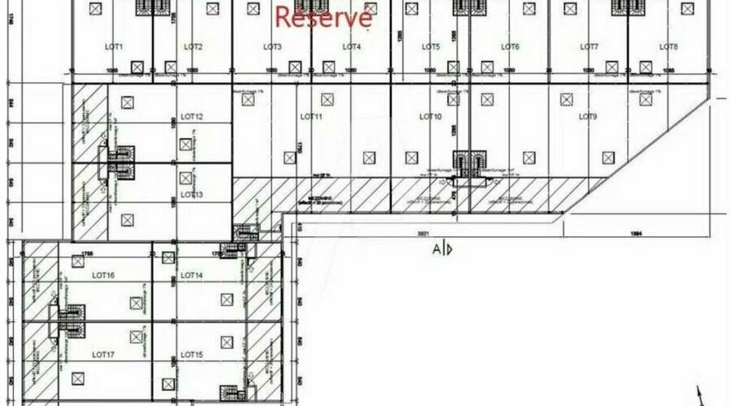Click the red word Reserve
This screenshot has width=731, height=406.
[x=324, y=16]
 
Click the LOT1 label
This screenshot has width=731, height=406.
[x=114, y=47]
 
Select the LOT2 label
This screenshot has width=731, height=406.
[x=192, y=47]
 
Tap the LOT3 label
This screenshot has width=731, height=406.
[x=272, y=47]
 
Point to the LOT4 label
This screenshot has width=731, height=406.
[x=351, y=47]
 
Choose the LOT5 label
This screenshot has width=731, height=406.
[x=430, y=47]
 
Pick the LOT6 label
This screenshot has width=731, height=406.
[x=510, y=47]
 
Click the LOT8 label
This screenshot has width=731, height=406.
[x=668, y=47]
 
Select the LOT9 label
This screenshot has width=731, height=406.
[x=588, y=117]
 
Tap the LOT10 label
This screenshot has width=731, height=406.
[x=430, y=117]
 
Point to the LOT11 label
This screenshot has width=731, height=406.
[x=311, y=117]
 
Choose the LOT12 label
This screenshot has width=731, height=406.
[x=192, y=117]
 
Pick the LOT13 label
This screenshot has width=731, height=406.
[x=192, y=195]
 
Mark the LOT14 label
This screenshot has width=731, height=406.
[x=192, y=276]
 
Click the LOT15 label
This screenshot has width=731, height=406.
[x=192, y=355]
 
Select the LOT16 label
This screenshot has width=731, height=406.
[x=103, y=276]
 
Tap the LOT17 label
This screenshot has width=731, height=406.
[x=103, y=355]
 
